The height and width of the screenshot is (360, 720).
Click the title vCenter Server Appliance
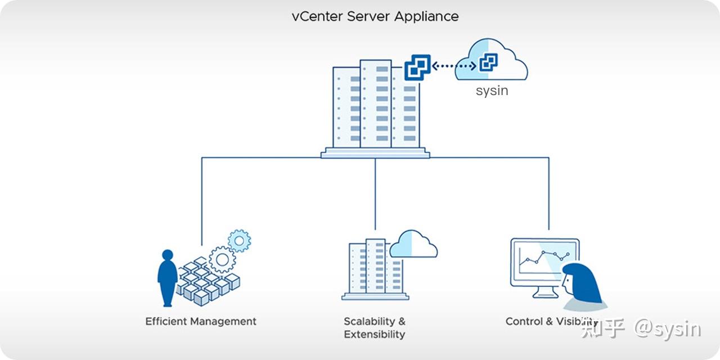pyautogui.click(x=375, y=16)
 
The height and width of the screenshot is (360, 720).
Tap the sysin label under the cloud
pyautogui.click(x=492, y=91)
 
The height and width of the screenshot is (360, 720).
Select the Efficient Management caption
pyautogui.click(x=201, y=322)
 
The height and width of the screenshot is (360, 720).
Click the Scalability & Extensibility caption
pyautogui.click(x=375, y=328)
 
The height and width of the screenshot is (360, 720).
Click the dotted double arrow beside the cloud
pyautogui.click(x=453, y=66)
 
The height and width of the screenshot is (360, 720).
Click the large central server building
pyautogui.click(x=375, y=107)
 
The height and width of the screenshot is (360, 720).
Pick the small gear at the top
pyautogui.click(x=240, y=241)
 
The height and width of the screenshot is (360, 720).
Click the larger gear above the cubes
pyautogui.click(x=222, y=259)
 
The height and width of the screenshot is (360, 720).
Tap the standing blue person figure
pyautogui.click(x=168, y=277)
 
